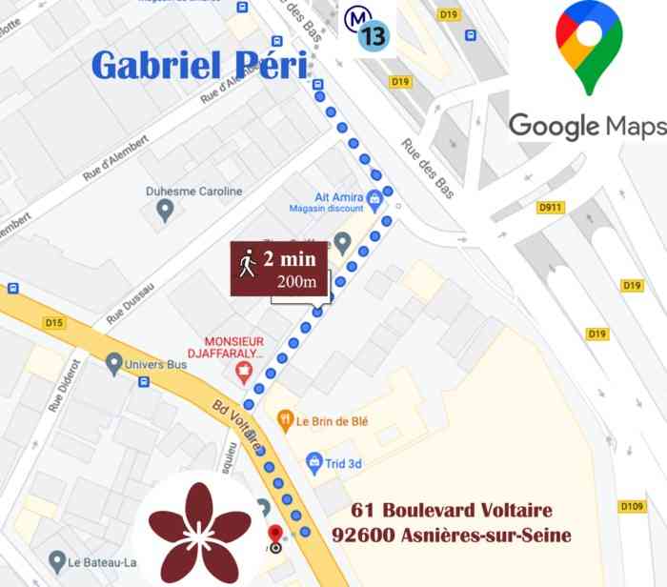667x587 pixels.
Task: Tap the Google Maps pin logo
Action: point(589,47)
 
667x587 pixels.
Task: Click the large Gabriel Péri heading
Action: point(199,66)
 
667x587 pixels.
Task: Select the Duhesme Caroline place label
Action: point(194,192)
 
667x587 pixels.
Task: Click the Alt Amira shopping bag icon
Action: point(374,200)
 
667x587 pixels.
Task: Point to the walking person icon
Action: point(248,263)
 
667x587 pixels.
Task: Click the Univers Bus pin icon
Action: point(115,362)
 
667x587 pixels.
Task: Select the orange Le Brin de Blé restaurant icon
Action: point(284,420)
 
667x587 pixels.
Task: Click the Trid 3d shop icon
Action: point(314,463)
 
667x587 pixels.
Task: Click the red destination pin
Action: point(275,536)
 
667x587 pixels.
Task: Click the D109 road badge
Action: point(632,506)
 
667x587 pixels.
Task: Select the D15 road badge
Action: point(54,323)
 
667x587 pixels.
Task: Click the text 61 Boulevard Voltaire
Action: point(451,511)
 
